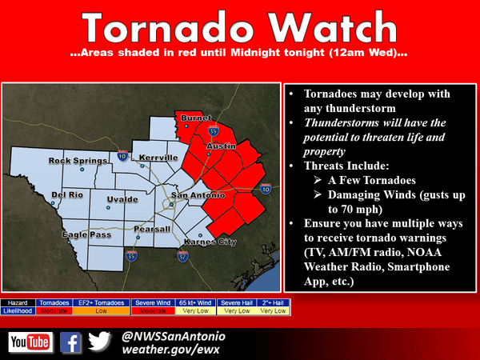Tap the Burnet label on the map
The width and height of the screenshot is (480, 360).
tap(197, 118)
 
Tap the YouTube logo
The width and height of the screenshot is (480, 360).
tap(30, 343)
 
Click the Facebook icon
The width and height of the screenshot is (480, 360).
tap(70, 343)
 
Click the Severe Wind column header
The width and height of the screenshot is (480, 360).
tap(150, 303)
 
